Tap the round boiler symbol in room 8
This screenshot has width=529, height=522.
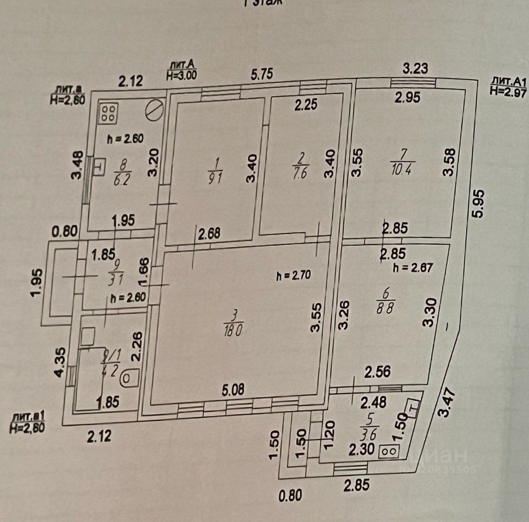coord(154,111)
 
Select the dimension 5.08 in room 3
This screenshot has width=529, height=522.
coord(233,390)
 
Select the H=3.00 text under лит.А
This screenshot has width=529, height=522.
coord(182,75)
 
